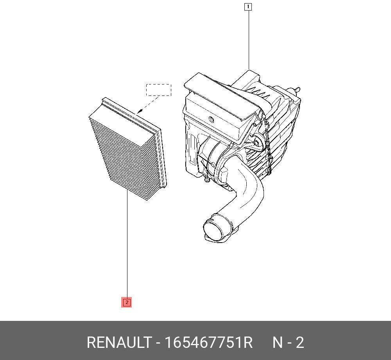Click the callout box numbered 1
point(248,7)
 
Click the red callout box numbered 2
point(127,302)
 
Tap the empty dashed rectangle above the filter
point(159,90)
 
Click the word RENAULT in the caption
point(118,343)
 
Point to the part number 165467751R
point(208,343)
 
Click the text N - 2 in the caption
point(288,343)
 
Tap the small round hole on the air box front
point(211,119)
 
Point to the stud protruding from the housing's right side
point(298,90)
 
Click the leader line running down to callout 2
point(127,247)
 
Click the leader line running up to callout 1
point(248,39)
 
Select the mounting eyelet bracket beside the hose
point(256,143)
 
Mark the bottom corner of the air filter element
point(147,200)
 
